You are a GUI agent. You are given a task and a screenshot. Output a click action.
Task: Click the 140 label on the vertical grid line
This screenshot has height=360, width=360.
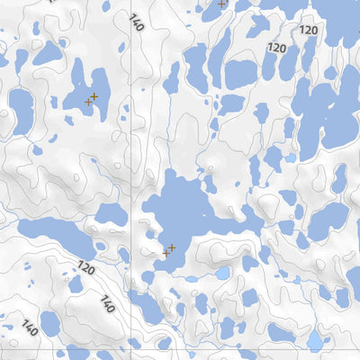click(137, 22)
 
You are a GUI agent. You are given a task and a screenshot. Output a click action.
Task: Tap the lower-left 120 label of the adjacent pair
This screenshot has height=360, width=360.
click(276, 48)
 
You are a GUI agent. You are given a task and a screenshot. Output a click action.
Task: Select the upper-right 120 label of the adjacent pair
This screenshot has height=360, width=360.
click(309, 31)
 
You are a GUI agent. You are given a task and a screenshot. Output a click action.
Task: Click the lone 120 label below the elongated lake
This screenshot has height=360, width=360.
click(85, 268)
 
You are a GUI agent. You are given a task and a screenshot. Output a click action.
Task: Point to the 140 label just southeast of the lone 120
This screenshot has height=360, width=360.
click(108, 302)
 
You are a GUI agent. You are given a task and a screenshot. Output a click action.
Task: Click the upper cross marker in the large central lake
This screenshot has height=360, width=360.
click(171, 247)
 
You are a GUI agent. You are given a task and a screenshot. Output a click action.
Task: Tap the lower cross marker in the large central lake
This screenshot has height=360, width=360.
click(166, 254)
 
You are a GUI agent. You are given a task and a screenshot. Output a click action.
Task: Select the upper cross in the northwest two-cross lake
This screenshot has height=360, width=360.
click(94, 95)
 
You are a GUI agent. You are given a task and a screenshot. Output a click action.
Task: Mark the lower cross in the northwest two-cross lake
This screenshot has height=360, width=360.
click(88, 102)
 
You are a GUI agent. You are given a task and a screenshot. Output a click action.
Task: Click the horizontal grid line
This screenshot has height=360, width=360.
click(225, 346)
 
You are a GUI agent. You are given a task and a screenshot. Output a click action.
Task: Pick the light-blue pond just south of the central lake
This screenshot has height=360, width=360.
click(222, 273)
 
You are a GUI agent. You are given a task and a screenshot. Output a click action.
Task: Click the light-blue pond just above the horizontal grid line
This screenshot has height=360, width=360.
click(314, 340)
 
